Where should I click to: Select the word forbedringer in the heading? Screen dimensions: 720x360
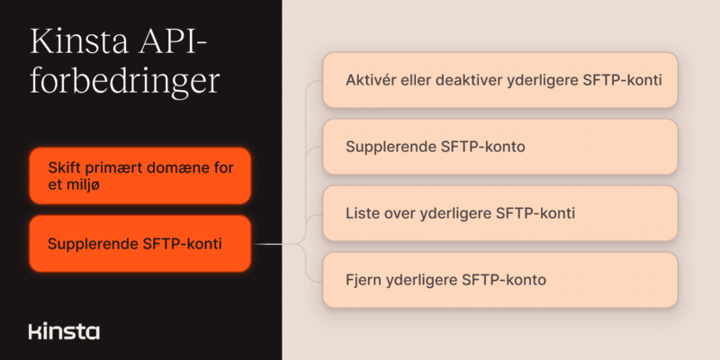point(125,82)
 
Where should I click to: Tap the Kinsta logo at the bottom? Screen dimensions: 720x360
point(64,331)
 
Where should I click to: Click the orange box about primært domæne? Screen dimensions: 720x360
point(140,175)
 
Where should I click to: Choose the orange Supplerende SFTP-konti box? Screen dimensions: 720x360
point(140,244)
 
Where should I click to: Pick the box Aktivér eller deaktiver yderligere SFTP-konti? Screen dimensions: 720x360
point(500,80)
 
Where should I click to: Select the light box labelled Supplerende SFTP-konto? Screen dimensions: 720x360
point(500,147)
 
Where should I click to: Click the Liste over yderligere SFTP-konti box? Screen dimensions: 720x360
point(500,213)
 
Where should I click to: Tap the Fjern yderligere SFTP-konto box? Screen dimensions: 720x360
point(500,280)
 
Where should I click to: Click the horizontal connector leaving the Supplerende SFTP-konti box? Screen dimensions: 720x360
point(275,244)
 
